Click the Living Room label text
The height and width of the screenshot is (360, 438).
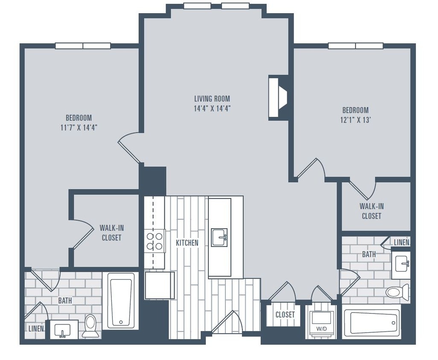click(212, 99)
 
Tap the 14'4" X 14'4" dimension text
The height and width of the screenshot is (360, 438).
click(212, 108)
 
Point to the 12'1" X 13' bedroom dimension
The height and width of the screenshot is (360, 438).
click(355, 120)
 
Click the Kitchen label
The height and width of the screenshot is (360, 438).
click(187, 243)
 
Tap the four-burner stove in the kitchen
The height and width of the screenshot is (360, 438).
click(155, 241)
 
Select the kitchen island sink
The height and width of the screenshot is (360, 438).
click(219, 237)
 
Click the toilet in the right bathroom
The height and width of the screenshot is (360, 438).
click(397, 292)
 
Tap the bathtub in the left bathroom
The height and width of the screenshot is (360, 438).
click(121, 301)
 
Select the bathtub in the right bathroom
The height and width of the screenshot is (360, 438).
click(371, 323)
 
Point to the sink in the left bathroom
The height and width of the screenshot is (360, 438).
click(64, 329)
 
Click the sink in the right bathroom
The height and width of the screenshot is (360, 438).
click(401, 265)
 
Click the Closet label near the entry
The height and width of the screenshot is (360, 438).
click(285, 315)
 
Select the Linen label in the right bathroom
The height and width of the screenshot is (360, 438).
click(401, 242)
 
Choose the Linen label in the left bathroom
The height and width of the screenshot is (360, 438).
click(36, 329)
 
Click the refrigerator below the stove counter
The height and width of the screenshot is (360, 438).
click(159, 285)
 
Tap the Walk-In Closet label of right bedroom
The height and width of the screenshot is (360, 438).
click(371, 211)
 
